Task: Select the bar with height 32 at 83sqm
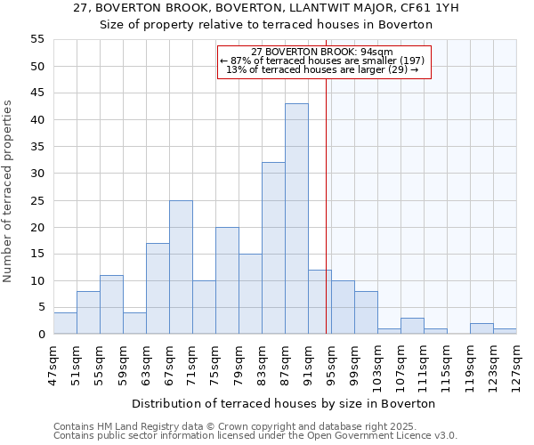click(273, 248)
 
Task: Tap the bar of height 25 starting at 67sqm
click(181, 267)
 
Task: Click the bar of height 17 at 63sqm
click(158, 288)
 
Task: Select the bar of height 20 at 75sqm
click(227, 280)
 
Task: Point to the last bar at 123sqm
click(505, 331)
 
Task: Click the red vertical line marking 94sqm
click(326, 222)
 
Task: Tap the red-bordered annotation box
click(325, 61)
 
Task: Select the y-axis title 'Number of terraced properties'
click(8, 191)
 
